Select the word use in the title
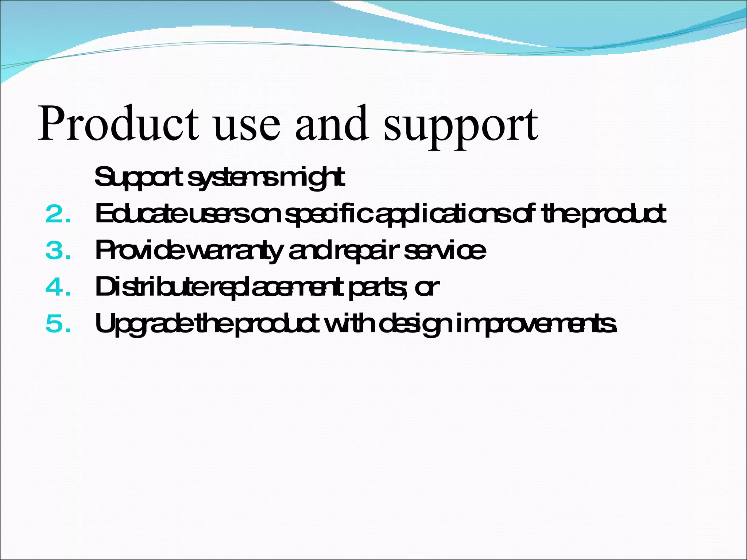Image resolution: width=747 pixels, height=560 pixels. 248,126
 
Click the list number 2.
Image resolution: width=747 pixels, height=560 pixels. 58,214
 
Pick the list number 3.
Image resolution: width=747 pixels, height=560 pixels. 58,251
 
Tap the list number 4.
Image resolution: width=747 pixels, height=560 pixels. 58,287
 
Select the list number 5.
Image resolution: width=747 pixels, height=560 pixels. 58,324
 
